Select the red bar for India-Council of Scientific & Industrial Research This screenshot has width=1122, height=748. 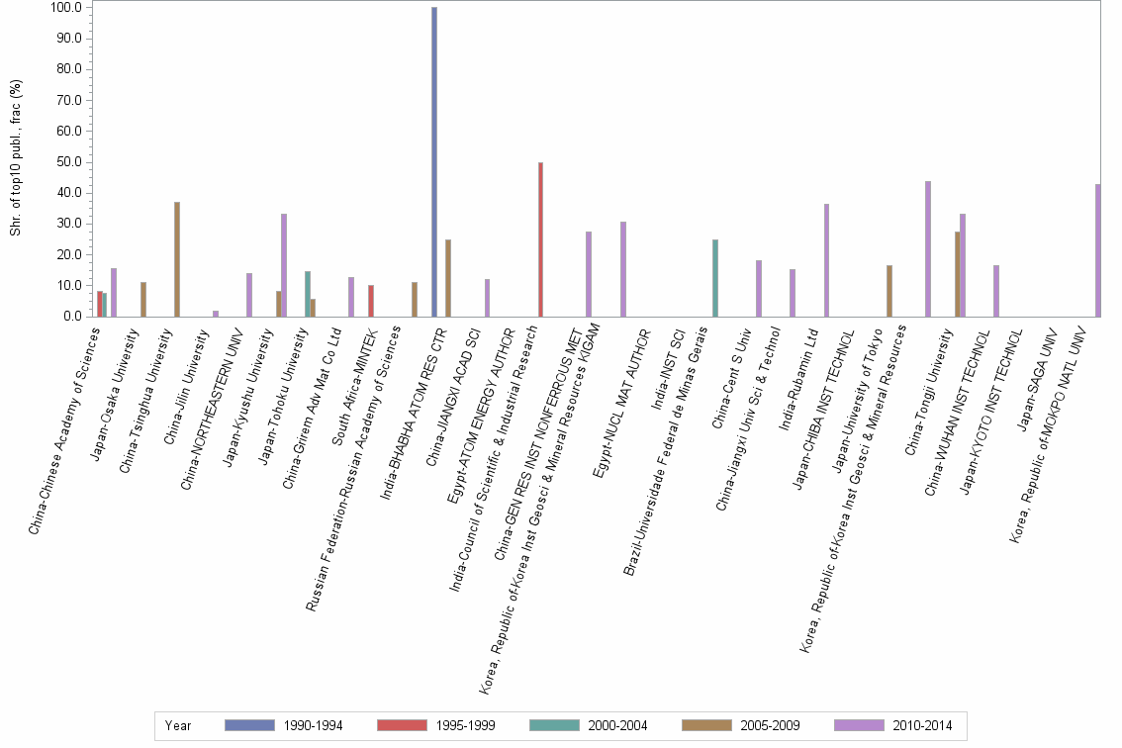540,239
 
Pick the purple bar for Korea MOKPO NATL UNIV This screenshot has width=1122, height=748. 1098,250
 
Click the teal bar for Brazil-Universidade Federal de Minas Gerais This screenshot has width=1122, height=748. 715,278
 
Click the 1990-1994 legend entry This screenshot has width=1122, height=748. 285,725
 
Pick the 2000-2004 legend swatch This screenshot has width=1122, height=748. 554,725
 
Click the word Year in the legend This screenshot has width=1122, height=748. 179,725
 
